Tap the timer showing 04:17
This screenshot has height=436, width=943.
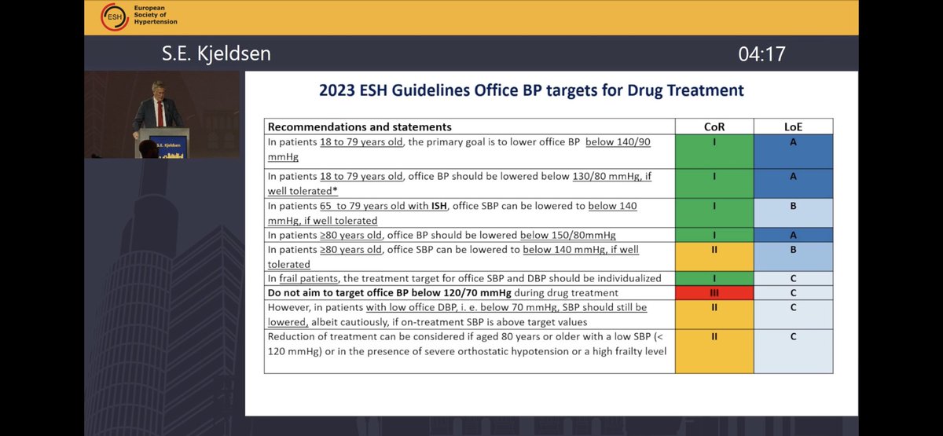pos(761,54)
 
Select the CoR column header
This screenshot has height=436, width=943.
pos(714,126)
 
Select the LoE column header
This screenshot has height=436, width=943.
pos(793,126)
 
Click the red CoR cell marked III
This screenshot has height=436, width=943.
pos(714,292)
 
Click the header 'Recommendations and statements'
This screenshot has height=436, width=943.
pos(360,126)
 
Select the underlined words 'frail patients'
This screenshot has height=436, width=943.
pos(312,278)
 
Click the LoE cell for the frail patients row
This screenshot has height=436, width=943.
pos(793,278)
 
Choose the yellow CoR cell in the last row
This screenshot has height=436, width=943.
pos(714,350)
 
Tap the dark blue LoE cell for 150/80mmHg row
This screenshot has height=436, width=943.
pos(793,236)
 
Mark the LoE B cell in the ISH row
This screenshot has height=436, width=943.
pos(793,213)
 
